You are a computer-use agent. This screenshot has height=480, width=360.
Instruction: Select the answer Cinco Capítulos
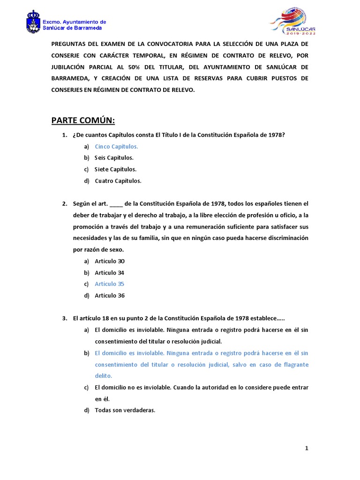click(116, 146)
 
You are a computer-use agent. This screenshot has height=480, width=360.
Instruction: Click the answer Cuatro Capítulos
click(118, 181)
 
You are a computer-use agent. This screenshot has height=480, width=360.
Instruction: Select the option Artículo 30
click(109, 261)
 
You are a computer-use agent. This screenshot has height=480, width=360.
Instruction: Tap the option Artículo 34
click(109, 273)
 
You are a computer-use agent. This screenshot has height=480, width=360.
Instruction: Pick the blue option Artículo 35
click(109, 284)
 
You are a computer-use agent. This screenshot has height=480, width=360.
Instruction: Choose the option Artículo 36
click(109, 296)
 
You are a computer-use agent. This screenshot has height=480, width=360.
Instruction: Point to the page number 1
click(307, 449)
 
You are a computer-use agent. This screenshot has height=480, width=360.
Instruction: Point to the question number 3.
click(65, 319)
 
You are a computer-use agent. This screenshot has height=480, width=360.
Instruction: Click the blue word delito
click(103, 376)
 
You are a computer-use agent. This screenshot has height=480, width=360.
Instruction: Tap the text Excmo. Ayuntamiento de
click(75, 22)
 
